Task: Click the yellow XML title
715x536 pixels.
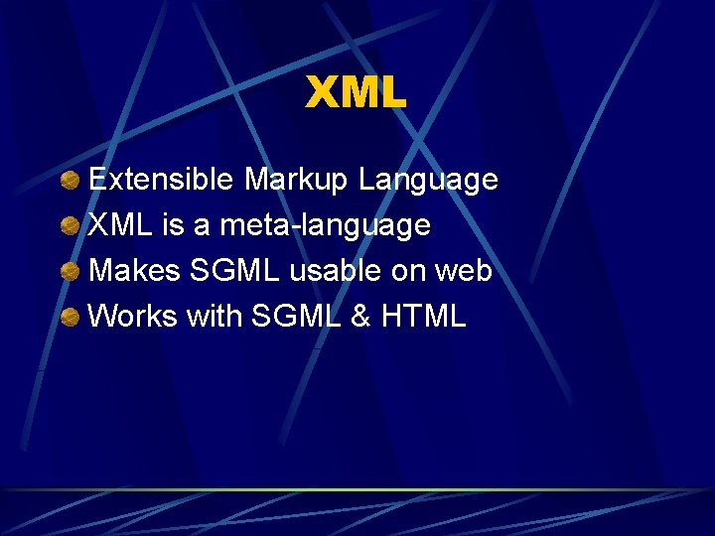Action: click(356, 93)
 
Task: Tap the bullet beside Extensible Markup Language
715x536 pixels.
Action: click(70, 181)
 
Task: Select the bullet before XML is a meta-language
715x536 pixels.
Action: click(70, 226)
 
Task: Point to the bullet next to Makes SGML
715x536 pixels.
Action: click(70, 272)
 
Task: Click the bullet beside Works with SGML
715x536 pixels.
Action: click(70, 318)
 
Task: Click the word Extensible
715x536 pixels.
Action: click(162, 180)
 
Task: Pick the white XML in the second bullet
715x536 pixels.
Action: click(122, 225)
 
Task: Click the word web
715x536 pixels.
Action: click(465, 271)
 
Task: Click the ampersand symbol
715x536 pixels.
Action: click(361, 317)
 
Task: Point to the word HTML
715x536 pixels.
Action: click(423, 317)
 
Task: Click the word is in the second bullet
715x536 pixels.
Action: click(175, 225)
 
